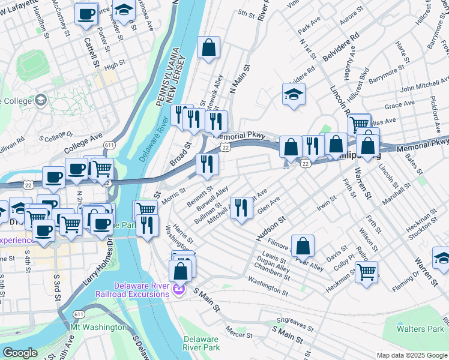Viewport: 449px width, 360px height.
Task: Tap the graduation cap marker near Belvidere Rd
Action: [x=294, y=94]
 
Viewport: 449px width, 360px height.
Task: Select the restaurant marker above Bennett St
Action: [x=207, y=164]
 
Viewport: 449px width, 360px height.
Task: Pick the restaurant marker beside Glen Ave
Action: [x=241, y=209]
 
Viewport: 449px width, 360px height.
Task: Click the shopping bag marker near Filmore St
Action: [x=304, y=245]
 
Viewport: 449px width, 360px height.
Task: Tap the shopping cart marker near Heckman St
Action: [x=366, y=270]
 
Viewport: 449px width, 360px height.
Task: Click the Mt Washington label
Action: [x=99, y=328]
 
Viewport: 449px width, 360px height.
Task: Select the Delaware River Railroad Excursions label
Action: [x=132, y=289]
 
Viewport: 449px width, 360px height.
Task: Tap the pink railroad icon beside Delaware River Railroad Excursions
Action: [x=178, y=291]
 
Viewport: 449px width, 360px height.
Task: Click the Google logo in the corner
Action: [x=20, y=353]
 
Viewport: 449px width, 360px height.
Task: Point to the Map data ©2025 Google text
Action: [x=411, y=355]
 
